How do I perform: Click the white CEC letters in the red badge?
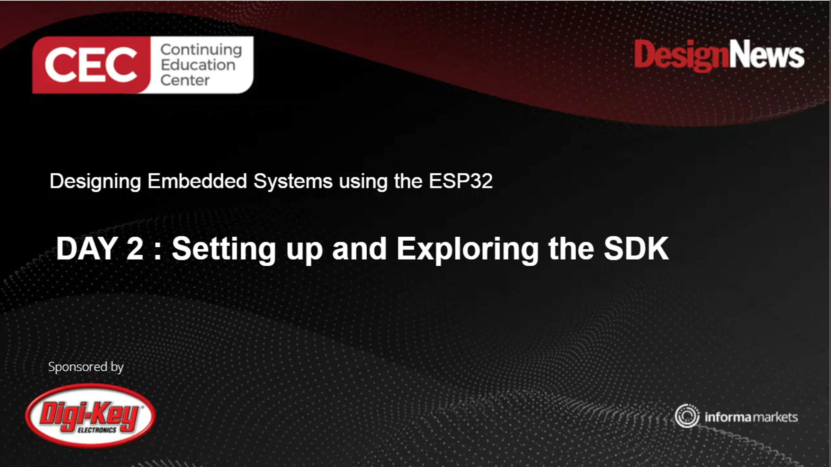click(91, 65)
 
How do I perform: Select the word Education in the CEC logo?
click(198, 65)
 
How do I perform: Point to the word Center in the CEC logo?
click(185, 80)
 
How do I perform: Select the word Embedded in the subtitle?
click(197, 181)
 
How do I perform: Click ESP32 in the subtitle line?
click(461, 181)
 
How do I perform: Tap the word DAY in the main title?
click(86, 248)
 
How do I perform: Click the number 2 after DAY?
click(135, 248)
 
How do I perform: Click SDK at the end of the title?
click(636, 248)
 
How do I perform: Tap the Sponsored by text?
click(86, 367)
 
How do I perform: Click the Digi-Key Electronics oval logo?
click(90, 416)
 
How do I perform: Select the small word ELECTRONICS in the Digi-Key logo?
click(97, 430)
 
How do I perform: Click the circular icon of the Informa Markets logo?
click(687, 416)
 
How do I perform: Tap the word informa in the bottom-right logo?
click(727, 417)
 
